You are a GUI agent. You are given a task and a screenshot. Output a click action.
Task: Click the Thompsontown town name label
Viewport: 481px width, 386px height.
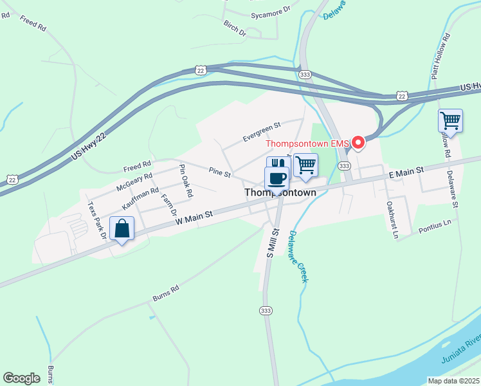(280, 192)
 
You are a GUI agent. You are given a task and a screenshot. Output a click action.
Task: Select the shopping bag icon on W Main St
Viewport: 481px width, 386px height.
(122, 229)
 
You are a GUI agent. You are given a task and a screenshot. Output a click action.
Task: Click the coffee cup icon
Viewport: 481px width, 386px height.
(277, 178)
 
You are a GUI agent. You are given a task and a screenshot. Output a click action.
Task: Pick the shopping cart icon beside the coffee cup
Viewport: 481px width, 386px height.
(305, 165)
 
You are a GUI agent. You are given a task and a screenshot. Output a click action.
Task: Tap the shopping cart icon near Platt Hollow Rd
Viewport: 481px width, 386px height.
(450, 121)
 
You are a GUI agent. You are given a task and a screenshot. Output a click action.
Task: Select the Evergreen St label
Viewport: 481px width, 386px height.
(262, 132)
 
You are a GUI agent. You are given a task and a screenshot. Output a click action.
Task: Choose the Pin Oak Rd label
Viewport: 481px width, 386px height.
(186, 181)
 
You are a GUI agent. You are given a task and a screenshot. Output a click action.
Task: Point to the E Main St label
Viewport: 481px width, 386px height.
(406, 172)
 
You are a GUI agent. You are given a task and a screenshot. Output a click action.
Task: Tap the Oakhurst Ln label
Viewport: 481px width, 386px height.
(392, 220)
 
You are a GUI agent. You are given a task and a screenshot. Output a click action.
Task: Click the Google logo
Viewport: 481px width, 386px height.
(21, 378)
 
